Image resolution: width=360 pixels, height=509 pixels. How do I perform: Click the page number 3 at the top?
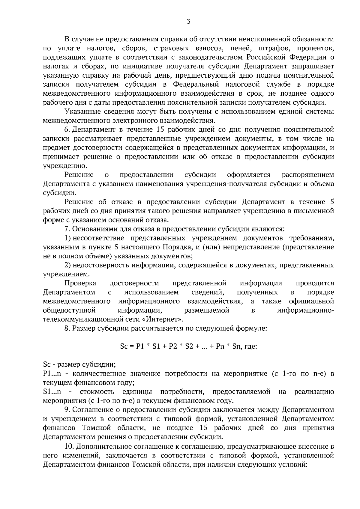188,21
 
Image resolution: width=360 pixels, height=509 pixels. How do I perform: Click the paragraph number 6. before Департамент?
67,129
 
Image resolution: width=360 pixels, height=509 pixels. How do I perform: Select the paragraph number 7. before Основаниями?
67,229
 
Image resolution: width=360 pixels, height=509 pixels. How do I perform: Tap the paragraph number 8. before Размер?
67,328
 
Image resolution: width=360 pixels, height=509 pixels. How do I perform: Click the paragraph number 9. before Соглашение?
67,409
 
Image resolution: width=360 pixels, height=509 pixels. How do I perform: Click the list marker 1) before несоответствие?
67,238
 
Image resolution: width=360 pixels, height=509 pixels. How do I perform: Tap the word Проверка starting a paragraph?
80,283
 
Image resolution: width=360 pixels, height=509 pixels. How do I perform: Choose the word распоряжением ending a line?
308,175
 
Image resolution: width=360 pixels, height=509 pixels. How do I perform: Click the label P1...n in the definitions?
52,374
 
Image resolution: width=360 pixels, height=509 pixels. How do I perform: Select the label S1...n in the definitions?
52,391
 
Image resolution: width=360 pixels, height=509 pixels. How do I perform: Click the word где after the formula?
251,347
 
